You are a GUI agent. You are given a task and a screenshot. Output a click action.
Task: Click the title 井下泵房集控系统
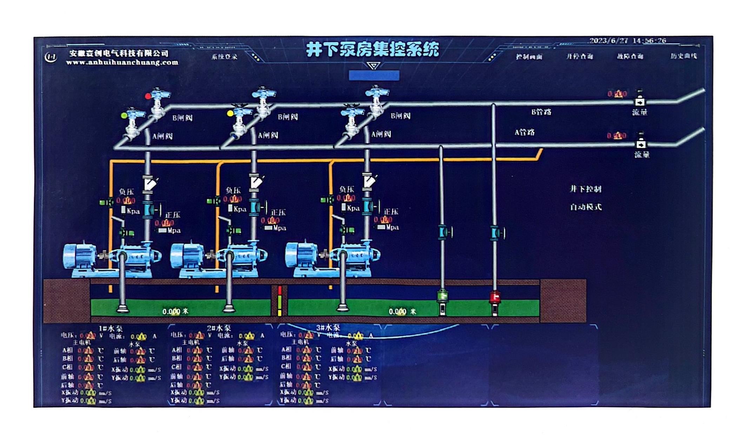coord(373,49)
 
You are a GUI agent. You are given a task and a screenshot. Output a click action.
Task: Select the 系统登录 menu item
coord(224,57)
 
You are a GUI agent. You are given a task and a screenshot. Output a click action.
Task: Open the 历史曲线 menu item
coord(683,56)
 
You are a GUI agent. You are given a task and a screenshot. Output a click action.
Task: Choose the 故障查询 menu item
coord(630,56)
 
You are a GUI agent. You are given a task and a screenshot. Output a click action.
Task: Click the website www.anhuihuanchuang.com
coord(122,63)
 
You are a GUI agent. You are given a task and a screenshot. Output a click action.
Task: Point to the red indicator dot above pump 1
coord(148,96)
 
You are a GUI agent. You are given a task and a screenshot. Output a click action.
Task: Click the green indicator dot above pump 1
coord(124,115)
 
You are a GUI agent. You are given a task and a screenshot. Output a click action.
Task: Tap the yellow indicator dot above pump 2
coord(230,113)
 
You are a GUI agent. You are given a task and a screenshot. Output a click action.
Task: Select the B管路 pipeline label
coord(541,112)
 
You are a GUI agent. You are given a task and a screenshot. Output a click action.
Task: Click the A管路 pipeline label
coord(525,132)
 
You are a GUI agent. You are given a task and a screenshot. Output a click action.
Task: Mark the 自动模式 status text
coord(586,207)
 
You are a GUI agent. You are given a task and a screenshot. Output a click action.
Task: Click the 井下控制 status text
coord(586,189)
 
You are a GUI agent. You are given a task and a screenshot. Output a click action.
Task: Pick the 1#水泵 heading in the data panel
coord(111,329)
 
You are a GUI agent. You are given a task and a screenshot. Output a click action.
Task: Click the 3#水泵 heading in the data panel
coord(328,328)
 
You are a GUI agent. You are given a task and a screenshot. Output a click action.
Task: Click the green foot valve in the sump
coord(442,296)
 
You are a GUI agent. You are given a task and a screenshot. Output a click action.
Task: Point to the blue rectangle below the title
coord(374,75)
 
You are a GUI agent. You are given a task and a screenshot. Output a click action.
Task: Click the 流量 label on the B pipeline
coord(639,112)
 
